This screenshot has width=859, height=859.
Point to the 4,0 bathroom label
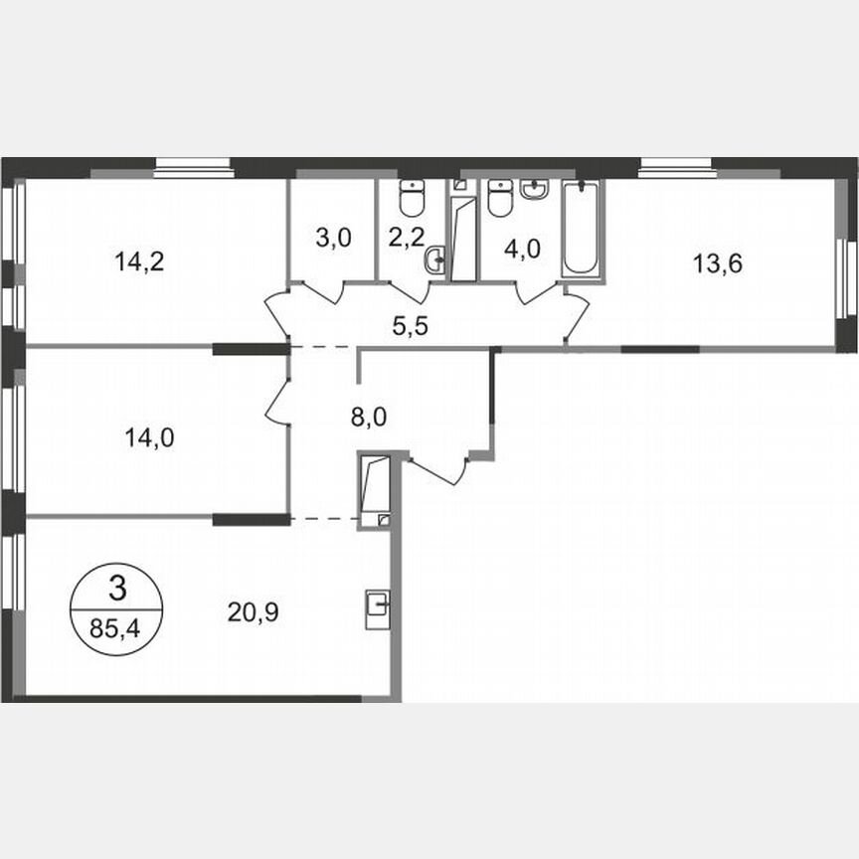pos(523,248)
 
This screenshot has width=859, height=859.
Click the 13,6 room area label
pos(718,263)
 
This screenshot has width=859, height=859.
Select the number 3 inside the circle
pos(117,590)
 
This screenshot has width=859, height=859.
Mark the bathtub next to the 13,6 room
pos(582,229)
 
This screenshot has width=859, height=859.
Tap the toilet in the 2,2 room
pos(411,198)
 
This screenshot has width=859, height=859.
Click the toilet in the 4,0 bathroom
pos(500,198)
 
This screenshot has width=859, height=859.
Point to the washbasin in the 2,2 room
pos(434,262)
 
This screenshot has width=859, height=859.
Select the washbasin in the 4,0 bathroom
pos(535,189)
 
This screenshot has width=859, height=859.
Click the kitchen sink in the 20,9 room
pos(378,604)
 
